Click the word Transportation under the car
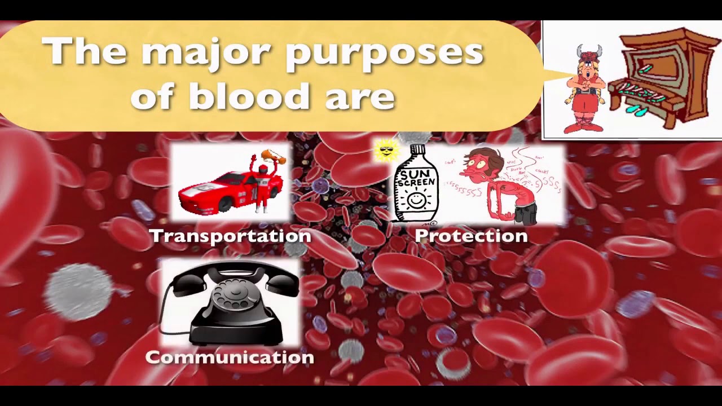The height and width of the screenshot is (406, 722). coord(230,236)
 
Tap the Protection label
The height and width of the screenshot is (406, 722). coord(471,236)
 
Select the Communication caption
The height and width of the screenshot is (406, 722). coord(230,358)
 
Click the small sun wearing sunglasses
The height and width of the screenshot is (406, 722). coord(386,151)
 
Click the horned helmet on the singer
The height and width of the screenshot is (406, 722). coord(588,54)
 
